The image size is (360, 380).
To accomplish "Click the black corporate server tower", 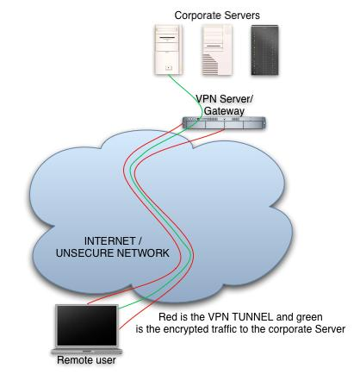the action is (x=264, y=50).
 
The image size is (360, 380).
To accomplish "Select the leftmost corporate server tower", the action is (x=168, y=50).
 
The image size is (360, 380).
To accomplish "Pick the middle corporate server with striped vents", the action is (x=217, y=50).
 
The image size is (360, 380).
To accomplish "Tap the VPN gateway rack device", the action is (x=224, y=123).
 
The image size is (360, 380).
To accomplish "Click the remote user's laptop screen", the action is (x=87, y=326).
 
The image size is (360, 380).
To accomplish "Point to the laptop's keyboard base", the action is (x=87, y=352).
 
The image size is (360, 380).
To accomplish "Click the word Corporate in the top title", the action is (x=196, y=16).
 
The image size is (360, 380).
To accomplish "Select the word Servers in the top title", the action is (x=239, y=16).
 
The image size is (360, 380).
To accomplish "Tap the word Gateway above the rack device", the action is (x=224, y=111).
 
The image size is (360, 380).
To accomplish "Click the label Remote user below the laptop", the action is (x=86, y=360).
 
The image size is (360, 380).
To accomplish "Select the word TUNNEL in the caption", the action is (x=252, y=317).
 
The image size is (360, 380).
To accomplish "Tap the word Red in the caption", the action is (x=168, y=317).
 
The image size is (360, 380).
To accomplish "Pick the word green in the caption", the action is (x=309, y=318).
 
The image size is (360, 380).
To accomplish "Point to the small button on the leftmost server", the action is (x=169, y=68).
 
